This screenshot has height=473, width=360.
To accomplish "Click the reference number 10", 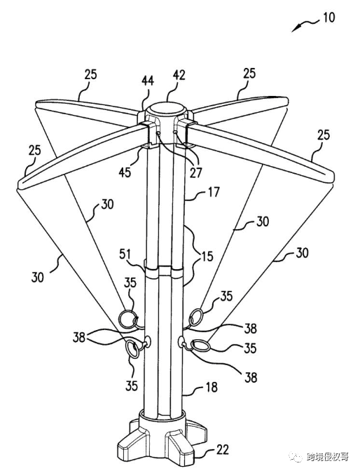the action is [x=328, y=18].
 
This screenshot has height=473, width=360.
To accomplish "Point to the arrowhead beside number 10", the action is [x=296, y=29].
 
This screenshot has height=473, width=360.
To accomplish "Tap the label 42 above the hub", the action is [x=179, y=76].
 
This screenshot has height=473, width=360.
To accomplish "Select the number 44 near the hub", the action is [x=148, y=81].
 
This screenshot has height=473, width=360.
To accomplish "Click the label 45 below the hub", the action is [x=125, y=172].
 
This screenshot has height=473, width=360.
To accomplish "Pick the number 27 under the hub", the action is [x=195, y=172].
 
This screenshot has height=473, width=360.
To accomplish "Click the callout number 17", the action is [x=214, y=192].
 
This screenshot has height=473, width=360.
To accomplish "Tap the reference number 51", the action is [x=125, y=254].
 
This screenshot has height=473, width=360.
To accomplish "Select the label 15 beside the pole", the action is [x=207, y=256].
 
